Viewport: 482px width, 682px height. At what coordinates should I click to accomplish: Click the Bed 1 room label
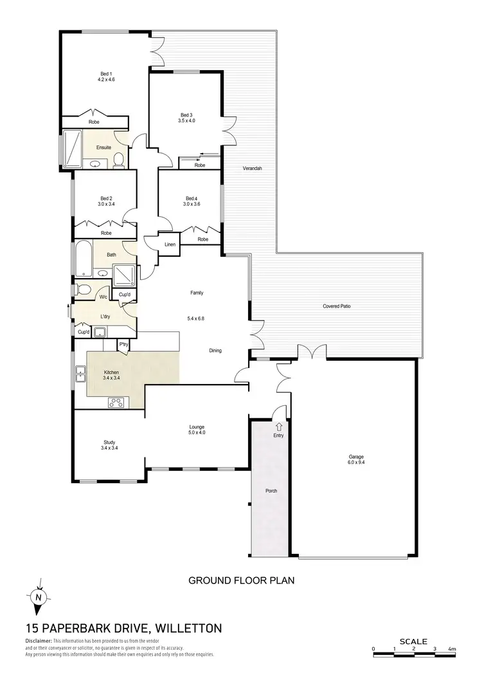pos(106,73)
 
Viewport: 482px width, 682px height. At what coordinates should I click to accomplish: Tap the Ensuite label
pos(104,147)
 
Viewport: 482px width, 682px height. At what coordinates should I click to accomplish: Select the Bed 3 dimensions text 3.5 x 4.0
pos(187,120)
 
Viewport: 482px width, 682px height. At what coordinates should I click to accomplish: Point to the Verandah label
pos(253,169)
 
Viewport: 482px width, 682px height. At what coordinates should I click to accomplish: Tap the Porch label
pos(271,492)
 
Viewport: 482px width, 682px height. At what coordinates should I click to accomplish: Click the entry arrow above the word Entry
pos(278,426)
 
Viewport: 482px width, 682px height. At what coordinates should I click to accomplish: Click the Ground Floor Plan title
pos(241,580)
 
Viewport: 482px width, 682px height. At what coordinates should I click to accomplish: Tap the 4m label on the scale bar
pos(452,649)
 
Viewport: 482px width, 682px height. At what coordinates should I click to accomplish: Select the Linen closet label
pos(170,244)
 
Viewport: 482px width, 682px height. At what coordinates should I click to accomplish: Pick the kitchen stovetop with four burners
pos(117,403)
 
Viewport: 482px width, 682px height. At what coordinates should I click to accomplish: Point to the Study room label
pos(109,442)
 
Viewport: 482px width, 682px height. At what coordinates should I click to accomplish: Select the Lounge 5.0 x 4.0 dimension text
pos(197,433)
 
